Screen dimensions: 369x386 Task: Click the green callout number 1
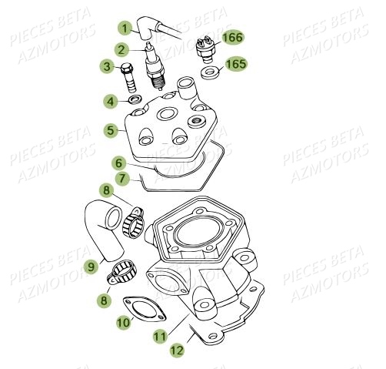pyautogui.click(x=123, y=28)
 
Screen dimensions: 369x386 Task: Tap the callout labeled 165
pyautogui.click(x=235, y=65)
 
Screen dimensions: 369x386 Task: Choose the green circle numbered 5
pyautogui.click(x=111, y=131)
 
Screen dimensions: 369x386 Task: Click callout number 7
pyautogui.click(x=120, y=180)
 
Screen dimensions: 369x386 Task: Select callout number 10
pyautogui.click(x=124, y=324)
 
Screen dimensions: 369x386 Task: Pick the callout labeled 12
pyautogui.click(x=178, y=350)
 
